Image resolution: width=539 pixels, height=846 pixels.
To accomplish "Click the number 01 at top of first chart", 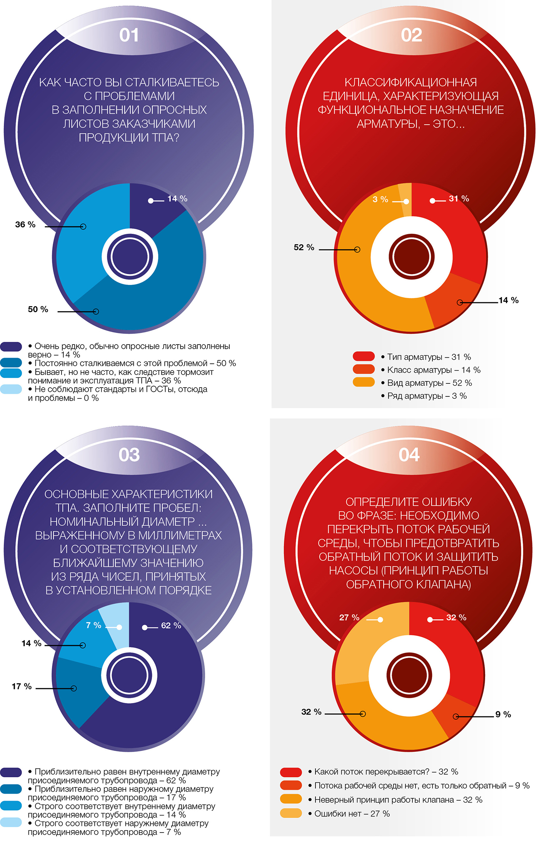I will [x=129, y=35].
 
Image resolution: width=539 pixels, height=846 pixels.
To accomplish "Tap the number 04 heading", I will [x=409, y=455].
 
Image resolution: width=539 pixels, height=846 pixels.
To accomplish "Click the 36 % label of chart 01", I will [x=25, y=225].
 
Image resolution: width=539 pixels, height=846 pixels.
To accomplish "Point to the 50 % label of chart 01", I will [x=38, y=310].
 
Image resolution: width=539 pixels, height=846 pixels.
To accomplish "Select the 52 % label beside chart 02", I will [x=304, y=248].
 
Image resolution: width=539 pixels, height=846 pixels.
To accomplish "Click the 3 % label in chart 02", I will [x=380, y=200].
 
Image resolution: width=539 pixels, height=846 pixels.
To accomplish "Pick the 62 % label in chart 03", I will [x=171, y=626].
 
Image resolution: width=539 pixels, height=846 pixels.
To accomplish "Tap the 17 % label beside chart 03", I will [x=22, y=686].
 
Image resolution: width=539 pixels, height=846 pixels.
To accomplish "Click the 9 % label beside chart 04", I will [x=503, y=714].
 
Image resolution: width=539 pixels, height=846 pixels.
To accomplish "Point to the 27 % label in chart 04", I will [x=349, y=618].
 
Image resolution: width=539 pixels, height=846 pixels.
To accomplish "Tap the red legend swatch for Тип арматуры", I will [x=364, y=356].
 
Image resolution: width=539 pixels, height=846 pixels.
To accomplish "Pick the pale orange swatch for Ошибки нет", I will [x=291, y=813].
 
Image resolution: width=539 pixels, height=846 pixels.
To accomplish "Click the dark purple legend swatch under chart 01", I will [x=11, y=346].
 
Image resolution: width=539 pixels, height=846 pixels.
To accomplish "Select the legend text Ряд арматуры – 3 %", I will [x=427, y=396].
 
